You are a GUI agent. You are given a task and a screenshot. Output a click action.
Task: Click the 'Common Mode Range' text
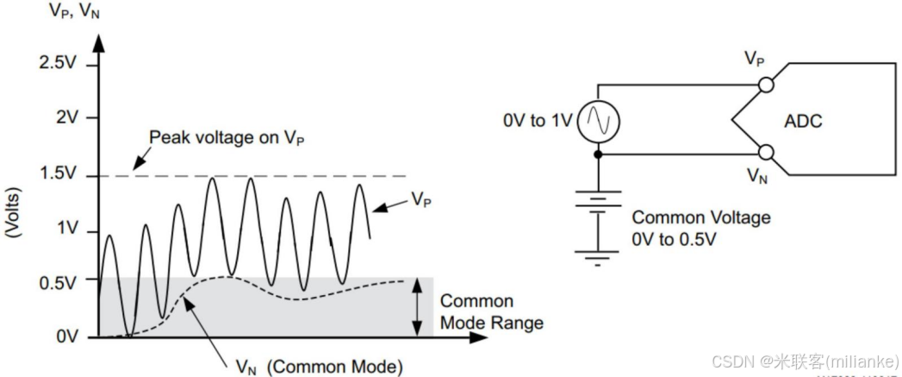[x=491, y=312]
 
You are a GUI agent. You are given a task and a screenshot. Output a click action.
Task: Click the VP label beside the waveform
[x=420, y=199]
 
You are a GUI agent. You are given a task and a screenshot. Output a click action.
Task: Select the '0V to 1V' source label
[x=537, y=122]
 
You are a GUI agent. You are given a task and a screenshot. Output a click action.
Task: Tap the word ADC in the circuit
[x=802, y=122]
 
